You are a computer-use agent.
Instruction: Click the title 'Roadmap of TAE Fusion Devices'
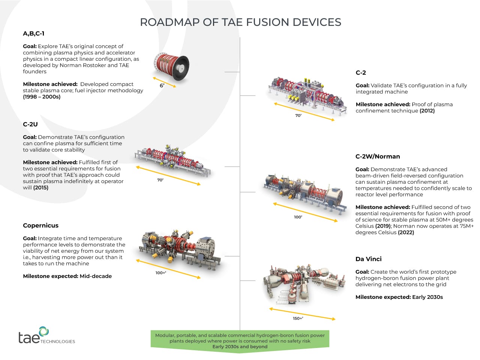[x=240, y=22]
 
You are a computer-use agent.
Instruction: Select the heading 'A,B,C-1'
[x=34, y=33]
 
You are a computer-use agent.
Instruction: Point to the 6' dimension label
[x=162, y=85]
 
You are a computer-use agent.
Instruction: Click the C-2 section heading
[x=361, y=73]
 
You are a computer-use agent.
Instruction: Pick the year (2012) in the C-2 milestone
[x=427, y=111]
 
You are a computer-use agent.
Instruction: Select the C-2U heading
[x=30, y=124]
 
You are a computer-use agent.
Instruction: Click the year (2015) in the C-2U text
[x=41, y=187]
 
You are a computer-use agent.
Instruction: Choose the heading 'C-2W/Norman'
[x=378, y=156]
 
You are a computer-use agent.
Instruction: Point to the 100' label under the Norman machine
[x=298, y=217]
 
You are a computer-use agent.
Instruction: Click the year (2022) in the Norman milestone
[x=406, y=232]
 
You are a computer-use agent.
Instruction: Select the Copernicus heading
[x=40, y=225]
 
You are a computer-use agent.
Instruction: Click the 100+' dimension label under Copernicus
[x=161, y=273]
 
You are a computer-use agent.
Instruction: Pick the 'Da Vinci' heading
[x=368, y=259]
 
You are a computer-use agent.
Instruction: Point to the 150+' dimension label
[x=298, y=318]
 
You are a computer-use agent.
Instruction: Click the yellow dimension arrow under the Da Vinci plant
[x=302, y=314]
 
